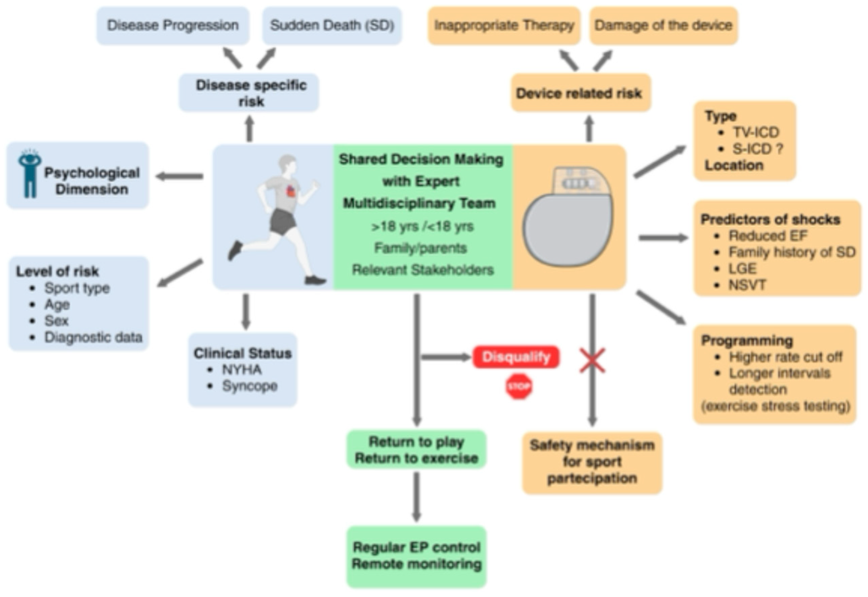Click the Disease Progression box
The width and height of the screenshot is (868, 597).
coord(173,25)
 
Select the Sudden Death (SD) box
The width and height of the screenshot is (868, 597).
coord(332,25)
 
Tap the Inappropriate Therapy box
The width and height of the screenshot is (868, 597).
coord(504,25)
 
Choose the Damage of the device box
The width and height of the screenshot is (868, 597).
coord(663,25)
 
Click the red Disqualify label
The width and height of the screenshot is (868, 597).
coord(516,357)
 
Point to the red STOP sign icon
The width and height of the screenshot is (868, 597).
coord(519,387)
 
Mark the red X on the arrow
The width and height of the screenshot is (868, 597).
coord(592,361)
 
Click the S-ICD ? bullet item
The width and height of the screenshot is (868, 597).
coord(757,149)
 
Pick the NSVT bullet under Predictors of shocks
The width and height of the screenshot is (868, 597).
coord(747,285)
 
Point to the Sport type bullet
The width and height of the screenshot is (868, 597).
coord(77,288)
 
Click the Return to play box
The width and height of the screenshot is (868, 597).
coord(416,450)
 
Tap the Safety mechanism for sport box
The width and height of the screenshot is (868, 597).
coord(592,462)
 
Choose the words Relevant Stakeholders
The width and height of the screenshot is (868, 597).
coord(423,270)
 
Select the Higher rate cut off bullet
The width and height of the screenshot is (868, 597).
coord(785,357)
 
